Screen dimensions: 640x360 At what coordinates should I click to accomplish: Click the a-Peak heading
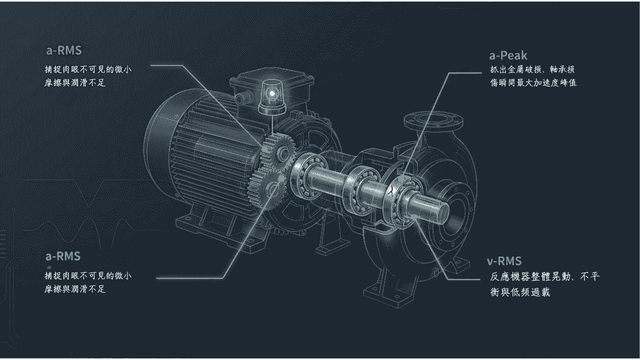click(508, 55)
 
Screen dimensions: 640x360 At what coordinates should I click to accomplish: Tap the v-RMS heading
click(505, 261)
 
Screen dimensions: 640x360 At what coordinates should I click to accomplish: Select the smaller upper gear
click(278, 154)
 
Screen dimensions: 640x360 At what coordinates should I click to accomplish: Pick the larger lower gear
click(267, 188)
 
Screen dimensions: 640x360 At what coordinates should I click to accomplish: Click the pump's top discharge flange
click(433, 122)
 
